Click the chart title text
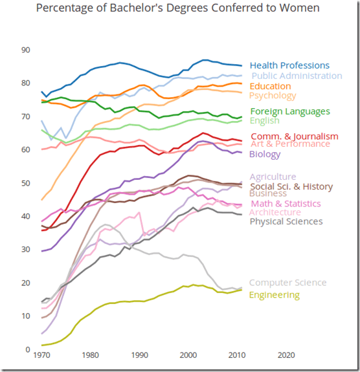pos(177,8)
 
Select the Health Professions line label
pos(289,65)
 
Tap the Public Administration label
pos(292,76)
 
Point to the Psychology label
pos(273,96)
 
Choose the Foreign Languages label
pos(289,111)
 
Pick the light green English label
pos(264,121)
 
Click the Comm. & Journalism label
pos(294,136)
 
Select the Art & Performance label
pos(290,144)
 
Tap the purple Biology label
pos(265,154)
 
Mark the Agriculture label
pos(273,177)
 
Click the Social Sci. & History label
pos(291,186)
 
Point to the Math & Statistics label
pos(286,204)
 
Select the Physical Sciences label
pos(286,221)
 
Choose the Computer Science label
pos(288,283)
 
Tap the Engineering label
pos(275,295)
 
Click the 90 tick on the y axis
pos(26,50)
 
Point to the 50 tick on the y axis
pos(26,183)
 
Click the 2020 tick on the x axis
pos(286,355)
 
